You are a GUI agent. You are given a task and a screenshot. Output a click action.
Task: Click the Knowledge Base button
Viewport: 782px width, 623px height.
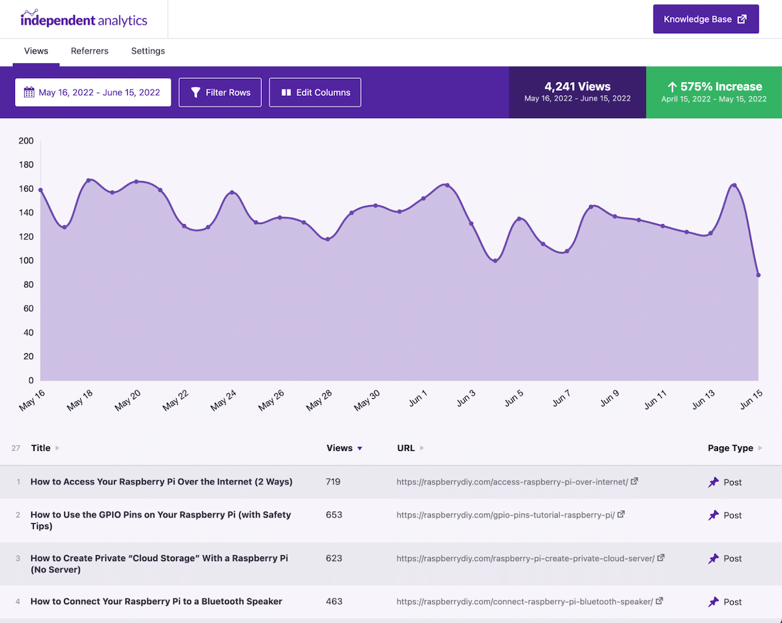pyautogui.click(x=706, y=20)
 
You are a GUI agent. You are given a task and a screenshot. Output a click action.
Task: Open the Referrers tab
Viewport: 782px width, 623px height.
pyautogui.click(x=90, y=51)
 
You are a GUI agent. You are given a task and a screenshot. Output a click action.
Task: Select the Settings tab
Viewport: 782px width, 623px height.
pyautogui.click(x=148, y=51)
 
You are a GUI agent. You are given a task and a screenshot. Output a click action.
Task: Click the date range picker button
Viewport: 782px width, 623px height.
pyautogui.click(x=93, y=93)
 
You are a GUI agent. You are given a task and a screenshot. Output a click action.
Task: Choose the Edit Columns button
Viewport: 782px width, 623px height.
pyautogui.click(x=315, y=93)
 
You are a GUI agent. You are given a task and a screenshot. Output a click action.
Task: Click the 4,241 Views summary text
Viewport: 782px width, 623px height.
pyautogui.click(x=577, y=87)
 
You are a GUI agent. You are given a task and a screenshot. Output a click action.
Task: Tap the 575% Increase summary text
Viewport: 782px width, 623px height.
pyautogui.click(x=714, y=87)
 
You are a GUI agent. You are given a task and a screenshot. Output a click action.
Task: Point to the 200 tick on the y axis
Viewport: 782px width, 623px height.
pyautogui.click(x=26, y=141)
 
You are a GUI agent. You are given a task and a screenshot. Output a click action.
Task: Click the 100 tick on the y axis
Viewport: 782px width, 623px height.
pyautogui.click(x=26, y=261)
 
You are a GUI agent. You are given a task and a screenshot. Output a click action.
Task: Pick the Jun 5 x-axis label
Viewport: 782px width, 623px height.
pyautogui.click(x=514, y=398)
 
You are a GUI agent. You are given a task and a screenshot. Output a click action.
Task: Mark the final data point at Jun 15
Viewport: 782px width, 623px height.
pyautogui.click(x=759, y=275)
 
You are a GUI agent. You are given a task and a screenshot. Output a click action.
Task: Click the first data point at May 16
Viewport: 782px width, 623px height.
pyautogui.click(x=40, y=190)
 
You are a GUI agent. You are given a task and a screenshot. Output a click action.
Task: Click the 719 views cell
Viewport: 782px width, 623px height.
pyautogui.click(x=334, y=482)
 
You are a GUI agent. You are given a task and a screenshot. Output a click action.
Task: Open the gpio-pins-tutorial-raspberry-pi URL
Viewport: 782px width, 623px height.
pyautogui.click(x=506, y=515)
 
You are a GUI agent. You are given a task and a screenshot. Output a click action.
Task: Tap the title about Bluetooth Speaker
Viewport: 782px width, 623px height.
pyautogui.click(x=156, y=601)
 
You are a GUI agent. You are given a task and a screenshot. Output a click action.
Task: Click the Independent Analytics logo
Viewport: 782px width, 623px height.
pyautogui.click(x=84, y=19)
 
